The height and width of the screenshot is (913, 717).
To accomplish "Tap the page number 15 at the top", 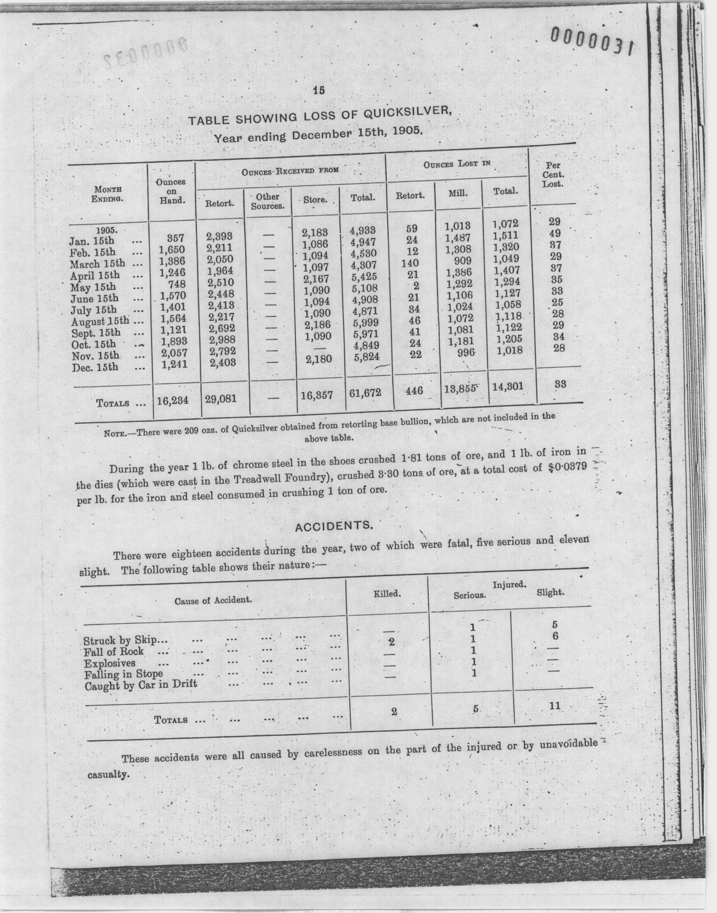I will click(x=319, y=90).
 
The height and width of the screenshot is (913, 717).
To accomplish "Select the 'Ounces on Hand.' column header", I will click(x=171, y=191).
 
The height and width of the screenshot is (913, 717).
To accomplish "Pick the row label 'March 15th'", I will click(x=97, y=264).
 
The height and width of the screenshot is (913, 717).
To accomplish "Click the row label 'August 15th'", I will click(x=100, y=322).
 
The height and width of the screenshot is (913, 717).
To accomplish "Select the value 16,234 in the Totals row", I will click(x=173, y=400).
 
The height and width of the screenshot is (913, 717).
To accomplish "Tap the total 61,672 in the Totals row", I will click(x=365, y=393).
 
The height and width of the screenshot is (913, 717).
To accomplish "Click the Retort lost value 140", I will click(x=410, y=263).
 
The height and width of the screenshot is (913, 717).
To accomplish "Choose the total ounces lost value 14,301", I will click(x=508, y=386).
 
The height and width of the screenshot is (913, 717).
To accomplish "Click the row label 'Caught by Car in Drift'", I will click(x=141, y=685).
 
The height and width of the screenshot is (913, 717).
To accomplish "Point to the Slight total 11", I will click(x=554, y=705).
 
